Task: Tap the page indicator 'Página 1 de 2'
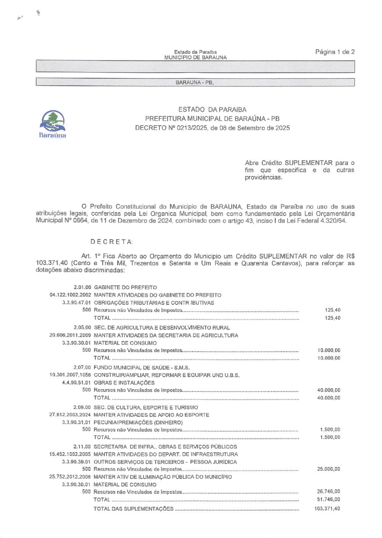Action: pos(335,52)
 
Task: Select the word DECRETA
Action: pos(111,242)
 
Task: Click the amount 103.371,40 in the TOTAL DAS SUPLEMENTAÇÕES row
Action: pos(327,509)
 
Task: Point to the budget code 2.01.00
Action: pos(83,288)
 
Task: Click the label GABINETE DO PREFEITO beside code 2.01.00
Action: pos(125,288)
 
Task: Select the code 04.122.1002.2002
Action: pos(70,295)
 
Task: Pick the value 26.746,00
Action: pos(329,492)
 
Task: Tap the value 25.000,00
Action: pos(329,469)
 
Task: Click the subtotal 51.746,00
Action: pos(329,499)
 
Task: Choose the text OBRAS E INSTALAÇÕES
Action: pos(124,383)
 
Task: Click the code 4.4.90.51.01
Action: pos(76,383)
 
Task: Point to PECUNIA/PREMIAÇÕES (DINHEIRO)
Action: pos(138,422)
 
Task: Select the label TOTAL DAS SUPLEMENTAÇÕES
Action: pos(133,509)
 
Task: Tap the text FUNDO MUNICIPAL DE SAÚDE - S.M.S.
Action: pos(141,368)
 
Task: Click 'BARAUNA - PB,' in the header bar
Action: pos(194,82)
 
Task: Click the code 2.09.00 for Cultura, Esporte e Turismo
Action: pos(82,407)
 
